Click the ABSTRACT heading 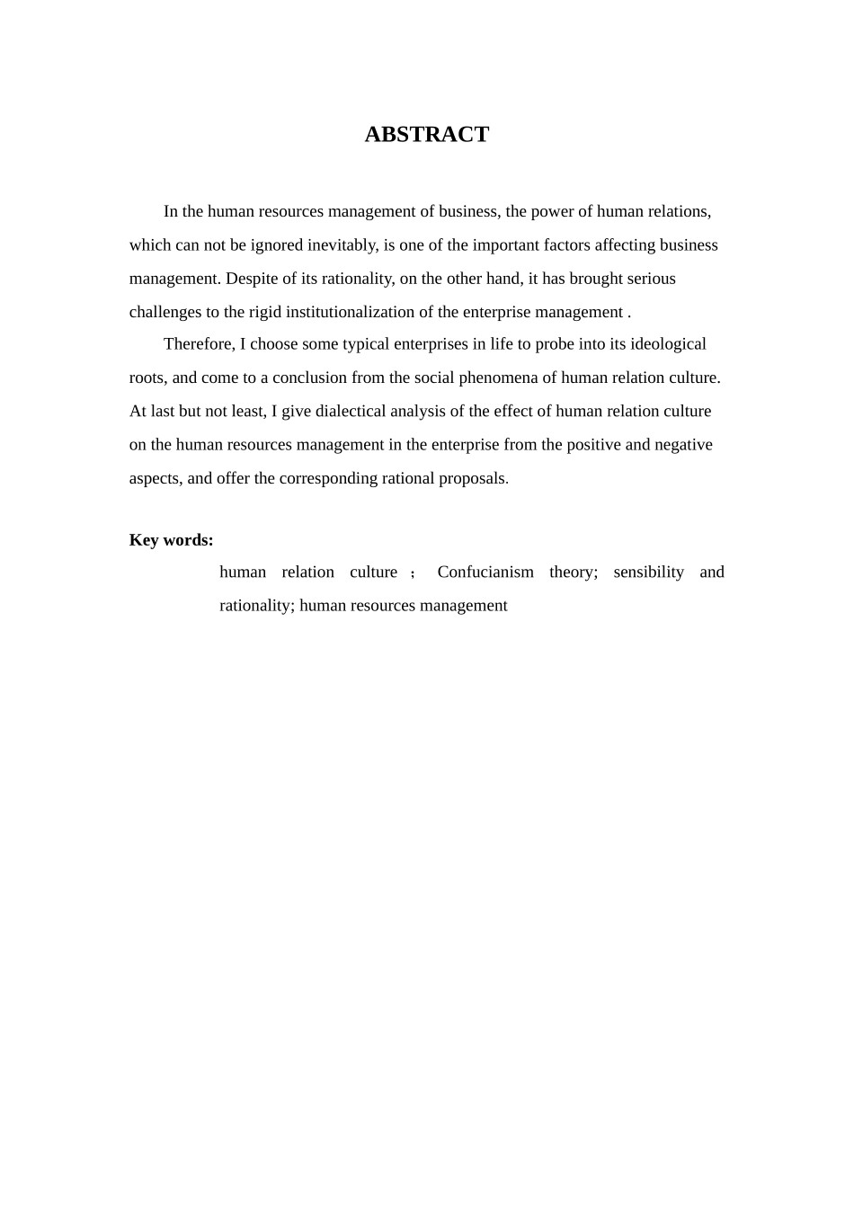426,134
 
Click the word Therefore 198,344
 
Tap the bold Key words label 172,539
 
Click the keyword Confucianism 485,572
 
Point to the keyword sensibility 649,572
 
